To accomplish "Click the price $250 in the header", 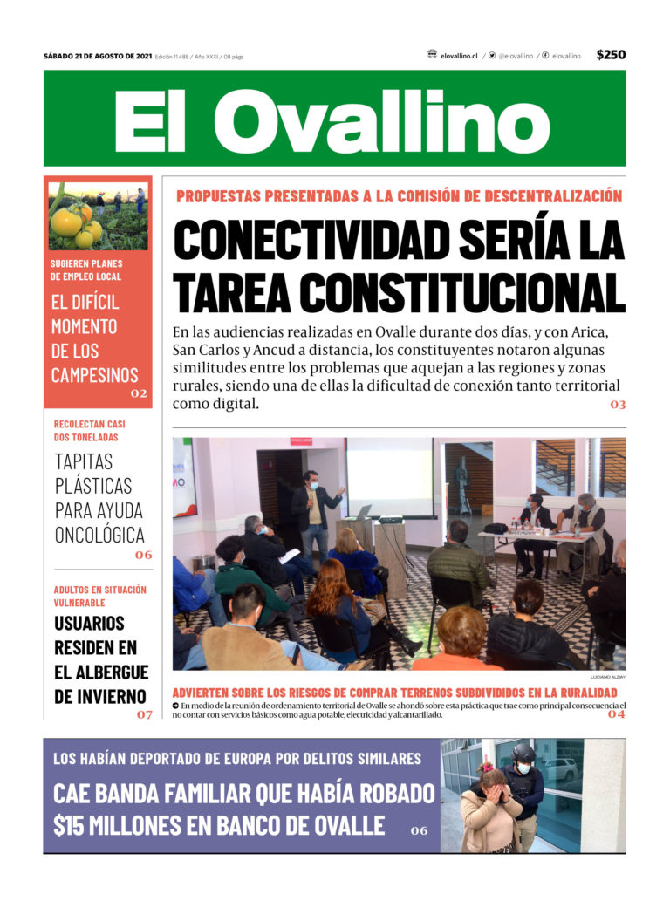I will [x=611, y=55].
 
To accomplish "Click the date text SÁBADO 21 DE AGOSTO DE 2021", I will [x=98, y=56].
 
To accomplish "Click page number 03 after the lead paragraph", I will [x=618, y=405].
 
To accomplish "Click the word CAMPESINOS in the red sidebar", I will [x=94, y=375].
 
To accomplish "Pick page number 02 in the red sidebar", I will [x=139, y=393].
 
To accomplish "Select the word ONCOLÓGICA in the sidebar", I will [x=99, y=535].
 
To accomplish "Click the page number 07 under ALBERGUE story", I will [x=144, y=714].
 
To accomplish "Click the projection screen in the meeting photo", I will [x=390, y=476].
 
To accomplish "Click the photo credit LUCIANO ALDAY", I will [x=607, y=677].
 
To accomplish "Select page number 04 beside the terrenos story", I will [x=616, y=714].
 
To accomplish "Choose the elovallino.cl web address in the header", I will [x=459, y=56].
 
